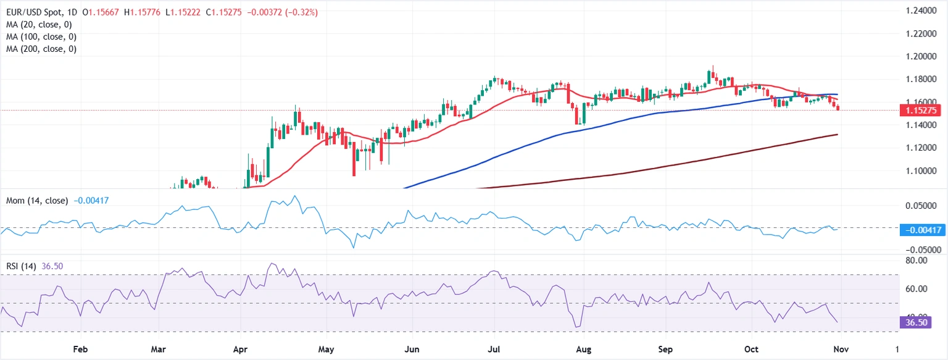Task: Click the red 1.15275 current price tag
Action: point(920,111)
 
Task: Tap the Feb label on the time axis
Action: point(80,350)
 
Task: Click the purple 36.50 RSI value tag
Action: point(915,322)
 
